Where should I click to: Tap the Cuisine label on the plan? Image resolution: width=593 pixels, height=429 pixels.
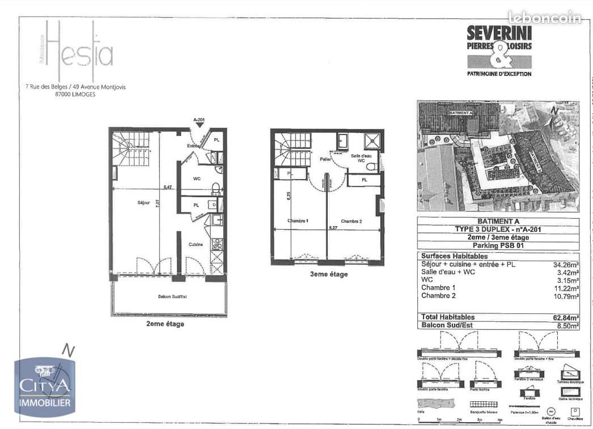[x=196, y=244]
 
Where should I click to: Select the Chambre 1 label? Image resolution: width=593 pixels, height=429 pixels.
[x=297, y=220]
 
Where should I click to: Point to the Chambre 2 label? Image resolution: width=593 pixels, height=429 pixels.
[x=351, y=220]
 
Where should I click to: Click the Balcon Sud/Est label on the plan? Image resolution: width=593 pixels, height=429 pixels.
[x=170, y=296]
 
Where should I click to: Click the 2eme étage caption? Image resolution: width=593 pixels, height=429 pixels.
[x=165, y=324]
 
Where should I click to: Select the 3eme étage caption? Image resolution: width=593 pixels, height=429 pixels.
[x=328, y=274]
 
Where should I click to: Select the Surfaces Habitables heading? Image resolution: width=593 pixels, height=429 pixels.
[x=454, y=257]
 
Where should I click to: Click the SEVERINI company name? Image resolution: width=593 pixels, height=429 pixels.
[x=499, y=33]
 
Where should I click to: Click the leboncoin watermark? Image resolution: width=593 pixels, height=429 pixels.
[x=544, y=18]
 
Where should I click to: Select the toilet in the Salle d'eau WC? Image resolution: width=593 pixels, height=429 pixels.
[x=372, y=167]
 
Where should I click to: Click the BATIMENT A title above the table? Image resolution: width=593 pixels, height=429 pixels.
[x=498, y=222]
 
